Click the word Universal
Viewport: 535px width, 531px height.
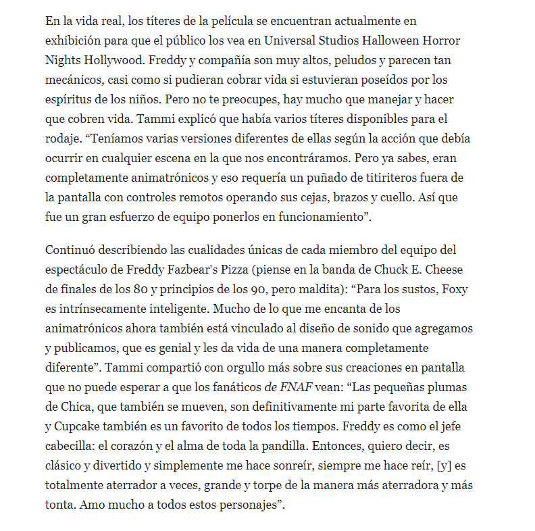click(x=295, y=41)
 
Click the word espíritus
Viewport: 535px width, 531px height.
click(x=72, y=99)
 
